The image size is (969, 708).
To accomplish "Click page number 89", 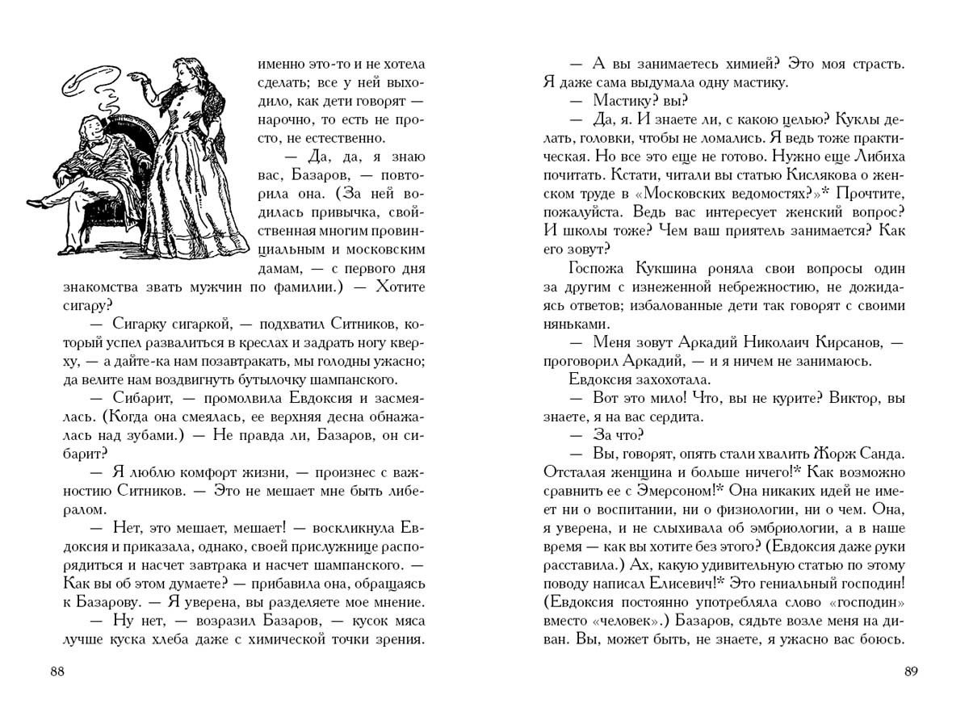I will point(912,672).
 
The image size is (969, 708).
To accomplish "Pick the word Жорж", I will point(820,452).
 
